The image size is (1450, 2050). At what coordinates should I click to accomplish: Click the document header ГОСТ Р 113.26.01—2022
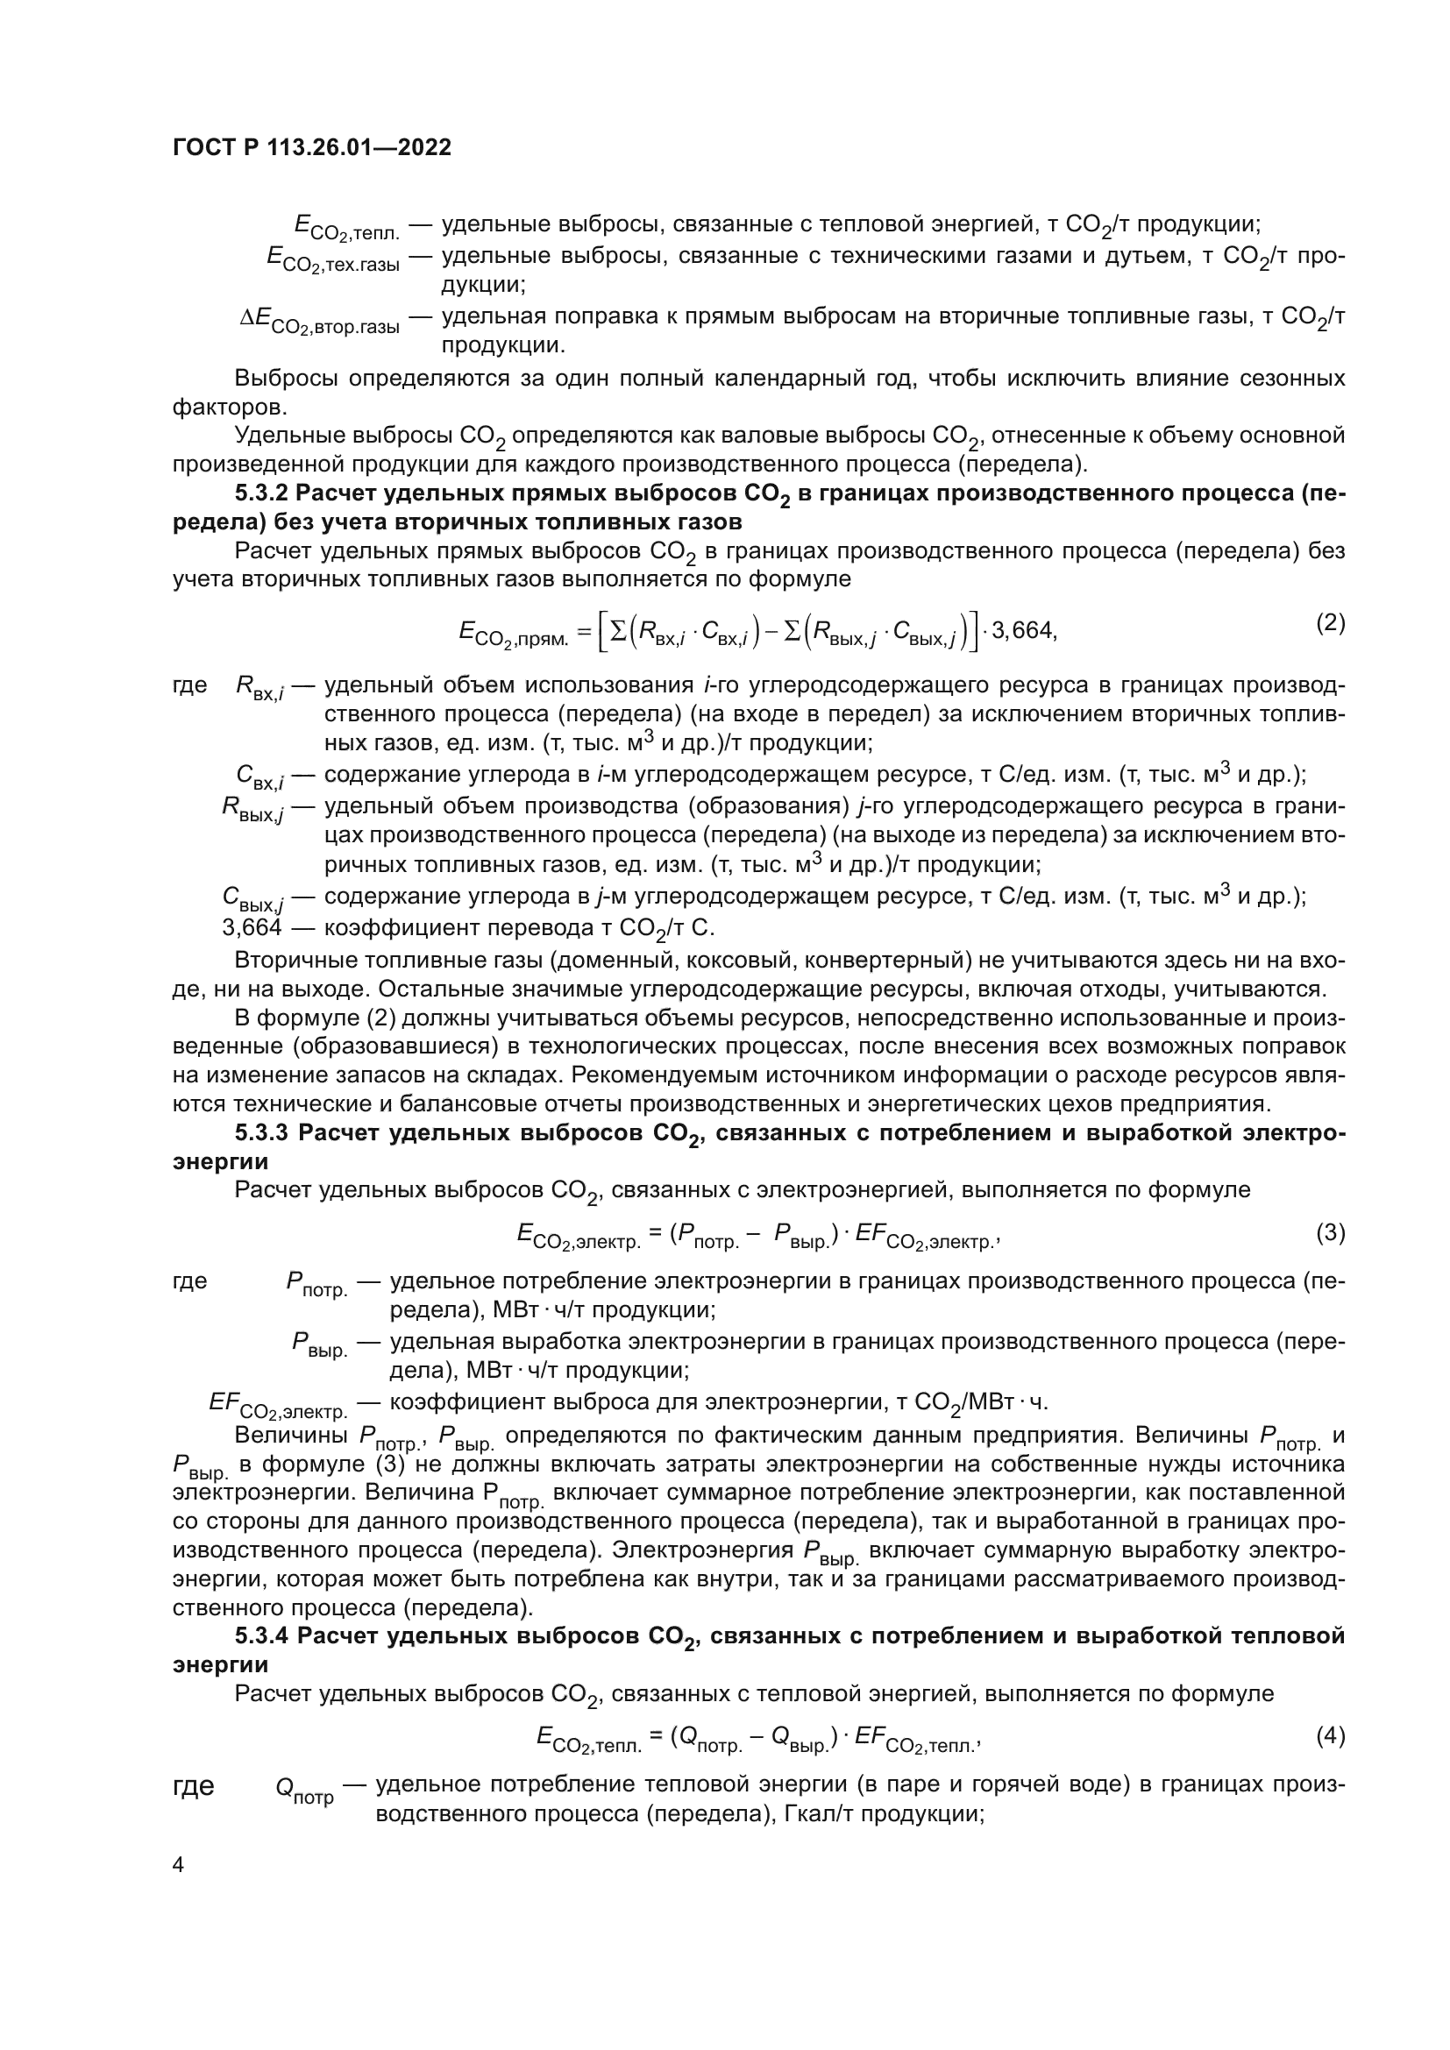[x=311, y=147]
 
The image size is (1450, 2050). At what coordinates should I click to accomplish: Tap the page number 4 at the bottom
[x=178, y=1864]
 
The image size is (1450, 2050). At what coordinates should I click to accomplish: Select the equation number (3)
[x=1330, y=1232]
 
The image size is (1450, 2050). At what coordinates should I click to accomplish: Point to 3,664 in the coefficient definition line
[x=252, y=926]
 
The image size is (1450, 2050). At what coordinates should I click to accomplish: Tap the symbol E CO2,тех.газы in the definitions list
[x=332, y=259]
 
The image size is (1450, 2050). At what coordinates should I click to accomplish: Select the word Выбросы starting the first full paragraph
[x=286, y=379]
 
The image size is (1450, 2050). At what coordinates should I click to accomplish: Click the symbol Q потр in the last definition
[x=303, y=1790]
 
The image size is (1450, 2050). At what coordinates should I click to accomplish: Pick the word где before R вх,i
[x=189, y=685]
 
